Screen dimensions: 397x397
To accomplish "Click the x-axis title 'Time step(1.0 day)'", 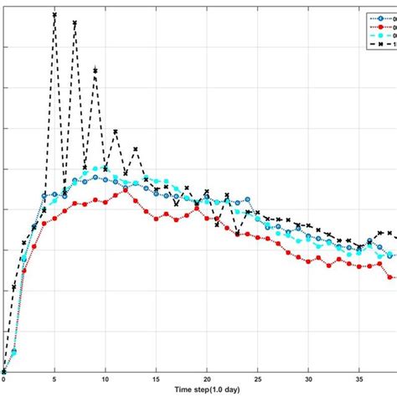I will click(x=207, y=390).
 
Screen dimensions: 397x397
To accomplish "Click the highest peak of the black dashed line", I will click(x=54, y=14).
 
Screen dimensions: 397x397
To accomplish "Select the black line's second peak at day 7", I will click(x=75, y=23).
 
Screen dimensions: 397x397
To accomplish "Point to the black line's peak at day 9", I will click(x=95, y=71).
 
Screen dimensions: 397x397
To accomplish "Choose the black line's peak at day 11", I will click(x=116, y=131).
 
